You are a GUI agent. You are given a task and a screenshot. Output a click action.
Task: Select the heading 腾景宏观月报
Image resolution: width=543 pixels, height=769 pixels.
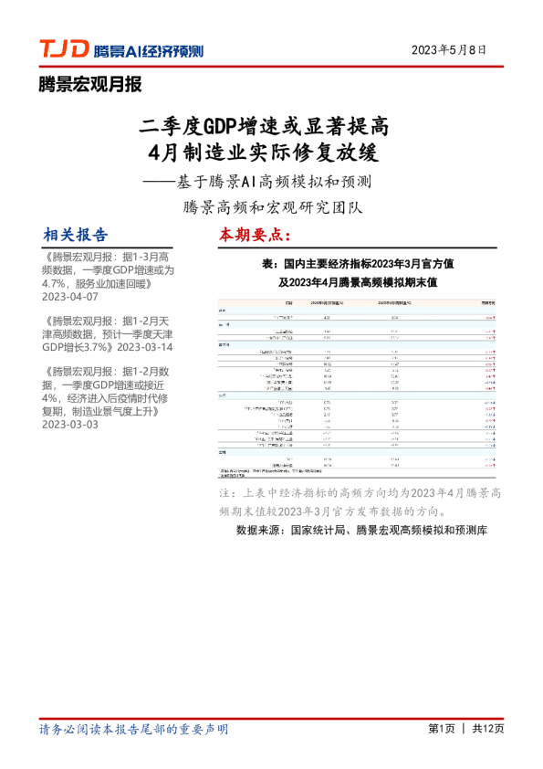pyautogui.click(x=89, y=86)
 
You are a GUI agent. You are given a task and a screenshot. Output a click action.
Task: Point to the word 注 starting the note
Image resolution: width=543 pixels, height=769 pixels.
pyautogui.click(x=226, y=493)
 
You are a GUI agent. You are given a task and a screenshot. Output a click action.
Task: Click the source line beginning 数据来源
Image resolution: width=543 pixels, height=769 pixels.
pyautogui.click(x=362, y=531)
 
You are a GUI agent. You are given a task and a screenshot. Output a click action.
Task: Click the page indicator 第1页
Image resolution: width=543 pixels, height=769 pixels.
pyautogui.click(x=441, y=729)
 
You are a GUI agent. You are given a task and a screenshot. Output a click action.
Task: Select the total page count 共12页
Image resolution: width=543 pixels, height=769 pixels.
pyautogui.click(x=488, y=729)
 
